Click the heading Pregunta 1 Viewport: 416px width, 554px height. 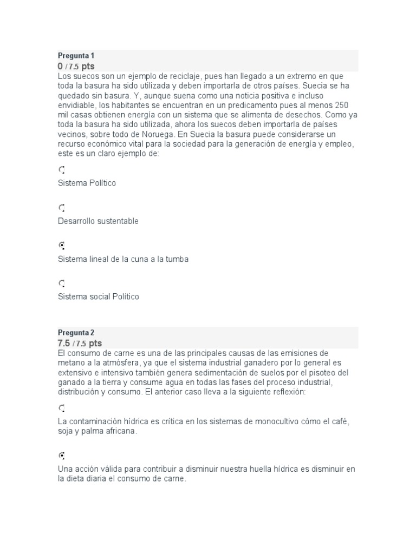click(x=76, y=56)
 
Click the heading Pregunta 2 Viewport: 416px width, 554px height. click(x=76, y=333)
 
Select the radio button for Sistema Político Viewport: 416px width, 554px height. click(x=62, y=170)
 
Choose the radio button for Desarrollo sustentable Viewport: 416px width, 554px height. click(x=62, y=208)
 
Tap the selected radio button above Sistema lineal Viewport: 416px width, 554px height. click(x=62, y=246)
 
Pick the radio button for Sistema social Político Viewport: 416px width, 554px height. click(x=62, y=283)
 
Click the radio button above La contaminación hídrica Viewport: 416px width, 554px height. click(x=62, y=408)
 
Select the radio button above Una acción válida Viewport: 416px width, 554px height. click(x=62, y=456)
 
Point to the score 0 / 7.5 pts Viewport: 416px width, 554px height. click(x=76, y=66)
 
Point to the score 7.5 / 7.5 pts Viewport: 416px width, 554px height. click(x=80, y=343)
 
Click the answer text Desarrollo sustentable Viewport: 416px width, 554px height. click(x=98, y=221)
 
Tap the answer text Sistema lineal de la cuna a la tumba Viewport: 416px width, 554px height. click(x=123, y=259)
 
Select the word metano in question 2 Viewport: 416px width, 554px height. click(x=71, y=362)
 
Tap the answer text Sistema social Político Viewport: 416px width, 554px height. click(x=98, y=296)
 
